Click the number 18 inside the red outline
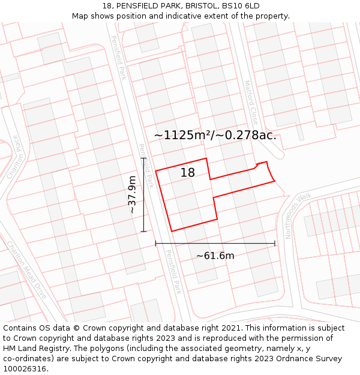188,173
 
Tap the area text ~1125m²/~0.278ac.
215,135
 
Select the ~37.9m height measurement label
133,194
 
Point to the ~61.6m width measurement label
215,256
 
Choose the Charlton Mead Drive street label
26,270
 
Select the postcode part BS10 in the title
233,6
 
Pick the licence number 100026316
25,369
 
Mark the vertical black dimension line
144,194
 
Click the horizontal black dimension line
215,243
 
